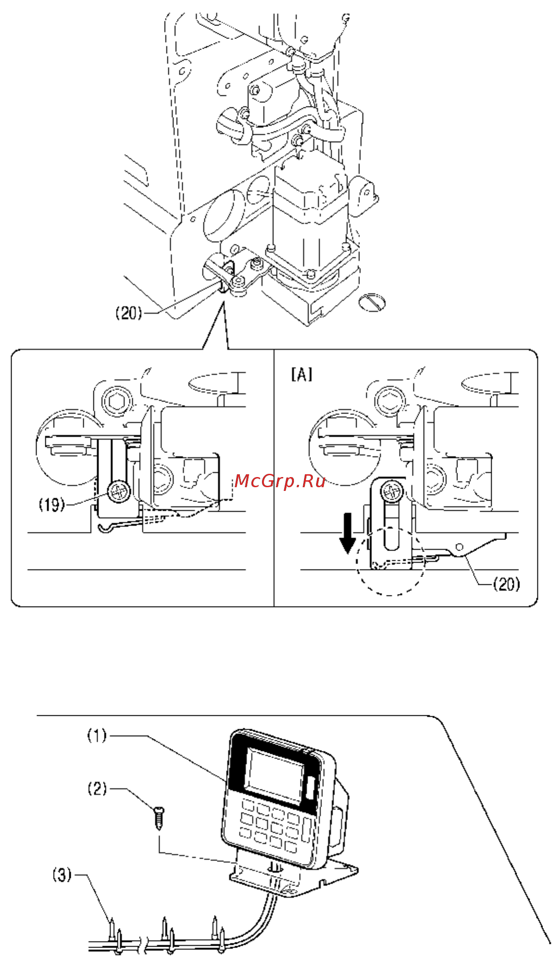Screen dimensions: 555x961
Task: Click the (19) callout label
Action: click(x=52, y=504)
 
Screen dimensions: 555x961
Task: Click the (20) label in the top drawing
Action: click(x=128, y=313)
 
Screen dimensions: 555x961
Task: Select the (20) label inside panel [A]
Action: click(x=506, y=584)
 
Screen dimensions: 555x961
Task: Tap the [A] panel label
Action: click(x=302, y=374)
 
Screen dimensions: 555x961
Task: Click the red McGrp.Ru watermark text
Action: click(x=280, y=481)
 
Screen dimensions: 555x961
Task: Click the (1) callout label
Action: click(x=97, y=735)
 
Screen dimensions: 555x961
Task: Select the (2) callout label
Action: click(x=97, y=788)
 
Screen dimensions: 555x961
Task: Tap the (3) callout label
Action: click(x=62, y=875)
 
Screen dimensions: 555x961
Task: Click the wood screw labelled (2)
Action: click(x=159, y=818)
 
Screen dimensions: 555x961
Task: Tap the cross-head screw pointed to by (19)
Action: click(x=118, y=492)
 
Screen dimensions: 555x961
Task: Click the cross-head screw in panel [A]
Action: click(x=392, y=491)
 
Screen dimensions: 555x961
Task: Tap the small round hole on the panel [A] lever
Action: click(x=459, y=547)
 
